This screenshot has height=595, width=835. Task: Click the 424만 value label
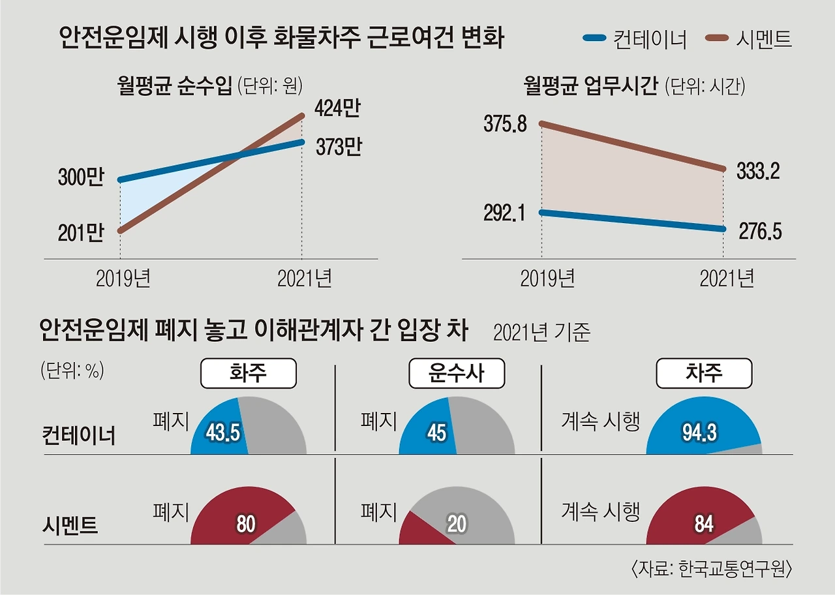coord(337,108)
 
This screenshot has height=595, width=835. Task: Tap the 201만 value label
coord(81,232)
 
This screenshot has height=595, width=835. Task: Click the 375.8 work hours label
coord(505,124)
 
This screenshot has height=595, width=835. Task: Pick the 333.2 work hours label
coord(758,171)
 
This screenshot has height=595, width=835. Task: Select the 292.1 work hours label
coord(505,213)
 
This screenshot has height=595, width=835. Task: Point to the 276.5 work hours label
coord(759,231)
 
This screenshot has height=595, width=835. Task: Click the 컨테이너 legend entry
coord(634,39)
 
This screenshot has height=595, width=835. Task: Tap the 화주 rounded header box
coord(249,374)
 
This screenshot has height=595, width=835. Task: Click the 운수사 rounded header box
coord(457,374)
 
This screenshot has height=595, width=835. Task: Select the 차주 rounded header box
coord(704,374)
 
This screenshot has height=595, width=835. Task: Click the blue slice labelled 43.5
coord(220,431)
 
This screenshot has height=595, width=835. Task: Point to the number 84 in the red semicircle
coord(704,524)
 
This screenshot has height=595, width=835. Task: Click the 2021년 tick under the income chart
coord(305,279)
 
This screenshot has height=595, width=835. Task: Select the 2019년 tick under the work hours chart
coord(547,279)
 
